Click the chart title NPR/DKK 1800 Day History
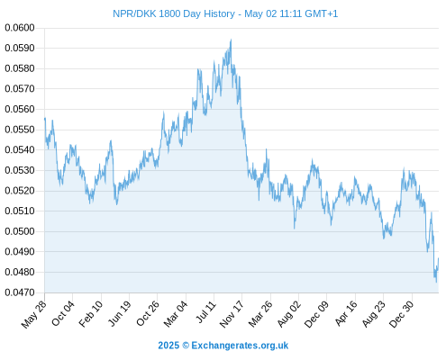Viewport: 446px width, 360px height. pyautogui.click(x=174, y=13)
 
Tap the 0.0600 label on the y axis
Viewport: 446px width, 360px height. pyautogui.click(x=20, y=28)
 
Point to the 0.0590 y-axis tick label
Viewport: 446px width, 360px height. pyautogui.click(x=20, y=48)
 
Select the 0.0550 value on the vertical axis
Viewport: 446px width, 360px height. pyautogui.click(x=20, y=130)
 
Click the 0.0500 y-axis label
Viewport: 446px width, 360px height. pyautogui.click(x=20, y=231)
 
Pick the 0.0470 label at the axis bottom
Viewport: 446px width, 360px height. pyautogui.click(x=20, y=292)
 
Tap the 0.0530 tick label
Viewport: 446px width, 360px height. pyautogui.click(x=20, y=170)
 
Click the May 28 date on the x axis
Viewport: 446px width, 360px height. pyautogui.click(x=34, y=314)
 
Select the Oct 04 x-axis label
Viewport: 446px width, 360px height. pyautogui.click(x=62, y=313)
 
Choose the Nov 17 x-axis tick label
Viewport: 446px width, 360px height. pyautogui.click(x=232, y=314)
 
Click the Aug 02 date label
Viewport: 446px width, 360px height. pyautogui.click(x=288, y=314)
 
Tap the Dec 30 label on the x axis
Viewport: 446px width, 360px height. pyautogui.click(x=402, y=314)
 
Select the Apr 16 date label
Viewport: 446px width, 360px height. pyautogui.click(x=346, y=313)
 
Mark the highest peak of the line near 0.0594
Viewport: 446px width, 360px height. pyautogui.click(x=231, y=40)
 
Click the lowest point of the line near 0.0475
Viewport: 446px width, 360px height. pyautogui.click(x=436, y=282)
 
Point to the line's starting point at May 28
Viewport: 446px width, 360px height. pyautogui.click(x=45, y=119)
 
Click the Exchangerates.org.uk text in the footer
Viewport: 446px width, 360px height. pyautogui.click(x=240, y=346)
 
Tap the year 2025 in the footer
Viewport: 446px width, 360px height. pyautogui.click(x=168, y=346)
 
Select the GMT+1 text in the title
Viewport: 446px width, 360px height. pyautogui.click(x=321, y=13)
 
